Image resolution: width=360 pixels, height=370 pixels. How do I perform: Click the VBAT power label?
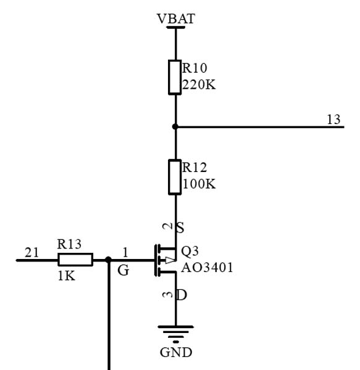tap(176, 18)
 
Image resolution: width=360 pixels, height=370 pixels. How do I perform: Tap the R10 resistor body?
tap(175, 78)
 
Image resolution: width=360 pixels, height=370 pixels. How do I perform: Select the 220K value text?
tap(199, 84)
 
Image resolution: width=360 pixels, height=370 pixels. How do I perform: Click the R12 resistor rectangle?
tap(175, 177)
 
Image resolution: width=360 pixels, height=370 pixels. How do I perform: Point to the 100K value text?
tap(199, 184)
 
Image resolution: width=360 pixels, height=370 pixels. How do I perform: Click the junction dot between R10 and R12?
tap(175, 126)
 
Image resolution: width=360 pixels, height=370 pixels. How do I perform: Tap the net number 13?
tap(333, 120)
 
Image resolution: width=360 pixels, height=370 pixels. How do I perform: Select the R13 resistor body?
tap(75, 260)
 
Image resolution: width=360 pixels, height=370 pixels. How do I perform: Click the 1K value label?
tap(66, 276)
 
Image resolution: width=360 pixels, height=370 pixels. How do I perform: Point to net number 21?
tap(31, 252)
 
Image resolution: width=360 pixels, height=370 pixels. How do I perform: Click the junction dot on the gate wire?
tap(108, 260)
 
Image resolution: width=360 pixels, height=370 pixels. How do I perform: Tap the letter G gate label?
tap(123, 271)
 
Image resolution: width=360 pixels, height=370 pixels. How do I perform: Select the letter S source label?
tap(180, 228)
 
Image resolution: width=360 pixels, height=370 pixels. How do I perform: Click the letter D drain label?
tap(182, 295)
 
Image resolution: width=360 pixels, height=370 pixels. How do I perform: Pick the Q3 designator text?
tap(190, 251)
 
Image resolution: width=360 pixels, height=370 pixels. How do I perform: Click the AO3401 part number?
tap(207, 268)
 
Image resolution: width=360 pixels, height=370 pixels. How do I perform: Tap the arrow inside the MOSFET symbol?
tap(170, 260)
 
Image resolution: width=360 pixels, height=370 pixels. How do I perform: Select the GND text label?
tap(176, 353)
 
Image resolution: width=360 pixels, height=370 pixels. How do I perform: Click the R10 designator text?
tap(195, 68)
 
